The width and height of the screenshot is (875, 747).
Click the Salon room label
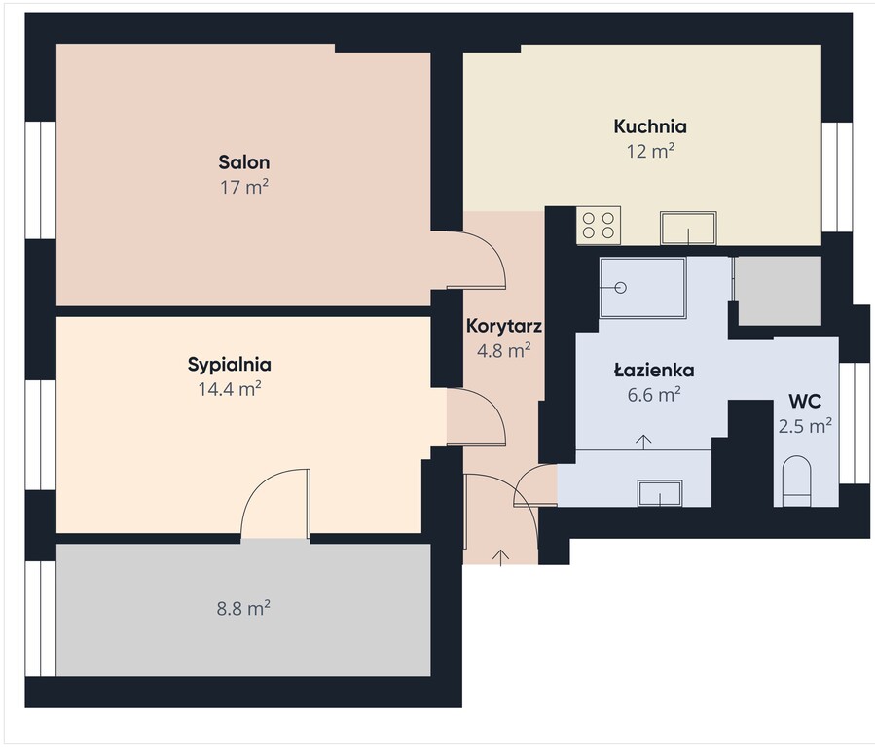tap(244, 162)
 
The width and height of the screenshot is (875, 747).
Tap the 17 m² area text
tap(244, 187)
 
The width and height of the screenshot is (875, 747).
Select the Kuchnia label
tap(650, 126)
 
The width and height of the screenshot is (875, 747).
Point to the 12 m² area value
tap(651, 151)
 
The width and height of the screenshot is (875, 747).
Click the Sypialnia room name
tap(230, 365)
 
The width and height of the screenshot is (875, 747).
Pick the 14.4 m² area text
tap(230, 388)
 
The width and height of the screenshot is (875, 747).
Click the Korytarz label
tap(504, 326)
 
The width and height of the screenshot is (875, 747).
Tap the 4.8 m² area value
tap(503, 351)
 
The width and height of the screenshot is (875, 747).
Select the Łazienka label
tap(654, 371)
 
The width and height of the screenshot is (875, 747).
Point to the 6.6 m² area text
tap(654, 395)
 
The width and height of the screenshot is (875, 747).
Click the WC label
tap(805, 401)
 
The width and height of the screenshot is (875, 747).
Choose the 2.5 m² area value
tap(805, 426)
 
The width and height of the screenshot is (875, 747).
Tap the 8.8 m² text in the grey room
tap(243, 608)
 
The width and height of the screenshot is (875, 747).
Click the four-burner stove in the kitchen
tap(599, 226)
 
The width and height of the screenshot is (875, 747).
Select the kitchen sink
tap(689, 228)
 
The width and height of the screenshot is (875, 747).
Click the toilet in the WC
tap(796, 481)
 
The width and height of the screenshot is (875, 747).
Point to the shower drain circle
tap(621, 288)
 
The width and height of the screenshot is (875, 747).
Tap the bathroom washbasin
tap(660, 493)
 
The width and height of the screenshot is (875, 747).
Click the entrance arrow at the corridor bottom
tap(501, 557)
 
